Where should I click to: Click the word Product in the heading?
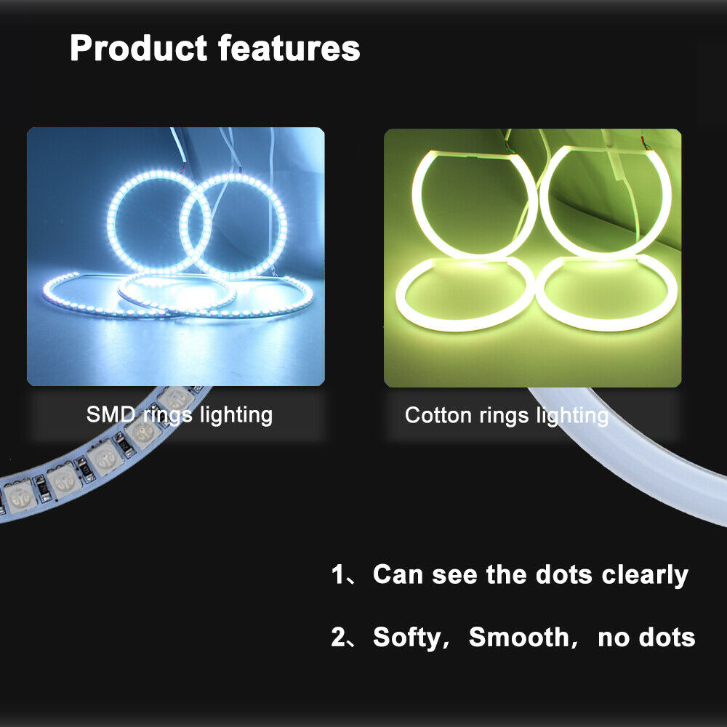click(x=138, y=48)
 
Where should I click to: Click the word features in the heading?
click(x=289, y=47)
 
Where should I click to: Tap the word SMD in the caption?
click(x=111, y=414)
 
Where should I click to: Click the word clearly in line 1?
click(x=645, y=575)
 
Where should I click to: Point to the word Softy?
click(x=408, y=638)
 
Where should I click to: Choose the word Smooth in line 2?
click(x=519, y=637)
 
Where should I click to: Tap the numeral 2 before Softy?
click(x=338, y=637)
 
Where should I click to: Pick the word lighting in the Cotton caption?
click(x=573, y=416)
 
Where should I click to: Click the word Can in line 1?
click(x=398, y=574)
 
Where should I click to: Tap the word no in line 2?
click(x=614, y=638)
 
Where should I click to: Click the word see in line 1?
click(x=454, y=575)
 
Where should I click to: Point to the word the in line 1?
click(x=506, y=574)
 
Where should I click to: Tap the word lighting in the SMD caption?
click(x=236, y=415)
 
